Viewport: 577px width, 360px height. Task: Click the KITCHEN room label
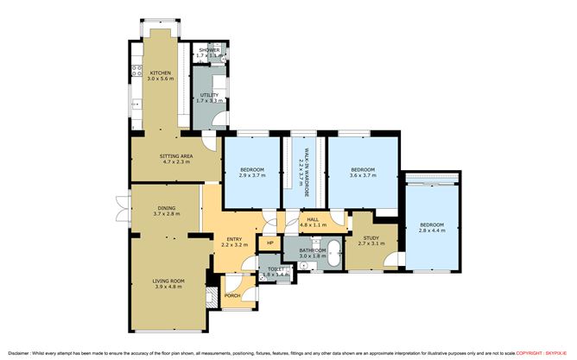[x=161, y=73]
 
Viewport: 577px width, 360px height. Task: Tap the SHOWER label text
[x=209, y=50]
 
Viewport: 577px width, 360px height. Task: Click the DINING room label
[x=166, y=207]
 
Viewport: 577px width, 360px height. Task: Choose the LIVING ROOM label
[x=169, y=280]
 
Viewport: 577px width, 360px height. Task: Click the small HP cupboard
[x=270, y=243]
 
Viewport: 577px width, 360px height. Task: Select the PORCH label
[x=232, y=296]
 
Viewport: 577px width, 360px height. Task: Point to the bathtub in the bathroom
[x=334, y=256]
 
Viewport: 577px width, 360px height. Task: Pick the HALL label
[x=312, y=219]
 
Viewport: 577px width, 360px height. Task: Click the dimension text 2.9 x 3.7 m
[x=251, y=175]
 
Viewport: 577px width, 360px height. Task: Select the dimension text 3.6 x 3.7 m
[x=362, y=175]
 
